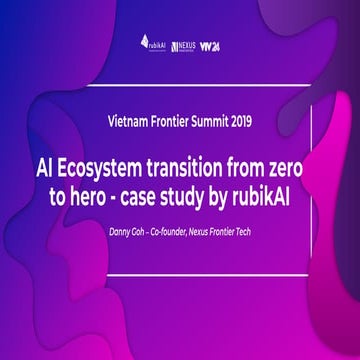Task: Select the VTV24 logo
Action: pos(209,45)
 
